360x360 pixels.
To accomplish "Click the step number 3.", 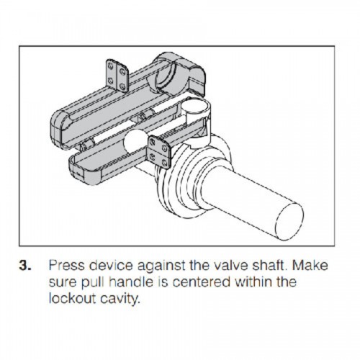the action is [25, 266].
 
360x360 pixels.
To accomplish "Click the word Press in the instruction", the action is [67, 266].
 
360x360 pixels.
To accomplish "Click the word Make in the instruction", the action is [310, 266].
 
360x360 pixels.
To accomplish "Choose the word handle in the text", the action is [131, 282].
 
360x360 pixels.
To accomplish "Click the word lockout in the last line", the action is [73, 298].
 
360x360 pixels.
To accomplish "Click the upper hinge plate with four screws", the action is [117, 75].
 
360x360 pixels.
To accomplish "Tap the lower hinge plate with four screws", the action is [159, 152].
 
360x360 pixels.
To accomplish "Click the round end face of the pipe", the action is [290, 221].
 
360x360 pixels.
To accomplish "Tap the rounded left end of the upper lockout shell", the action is [58, 130].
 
